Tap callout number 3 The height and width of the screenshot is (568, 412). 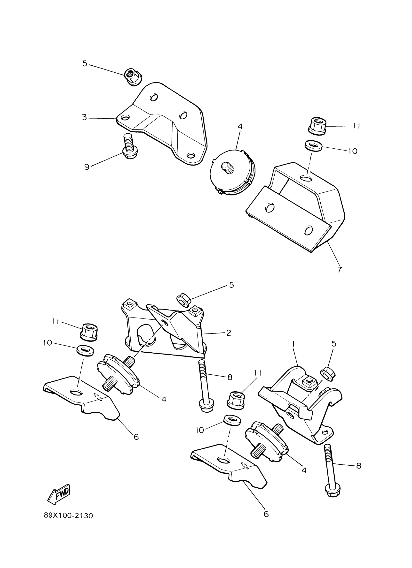[85, 117]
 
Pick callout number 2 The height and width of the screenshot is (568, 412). [229, 333]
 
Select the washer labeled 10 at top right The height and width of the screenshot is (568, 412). [314, 146]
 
